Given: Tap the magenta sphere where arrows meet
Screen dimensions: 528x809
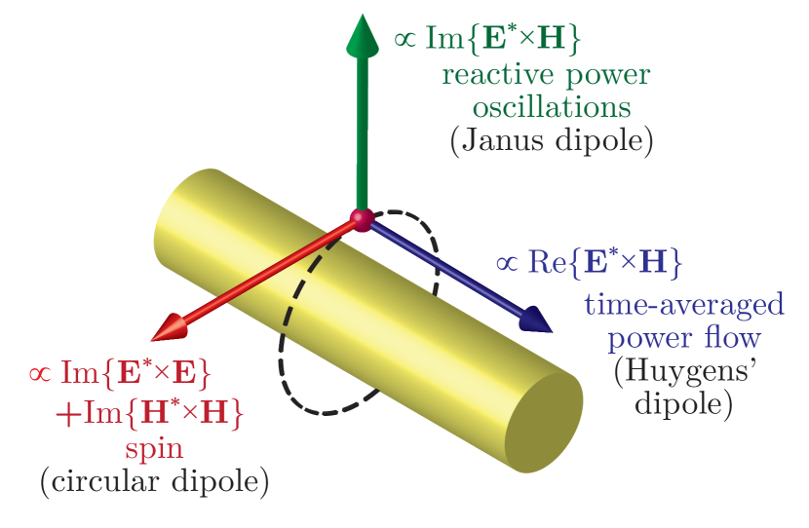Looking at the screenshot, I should point(362,221).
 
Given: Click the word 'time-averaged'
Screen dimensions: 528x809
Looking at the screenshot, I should point(684,305).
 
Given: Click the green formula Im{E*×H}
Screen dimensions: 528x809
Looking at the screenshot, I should point(501,40).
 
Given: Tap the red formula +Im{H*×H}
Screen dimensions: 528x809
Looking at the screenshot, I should point(148,414).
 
